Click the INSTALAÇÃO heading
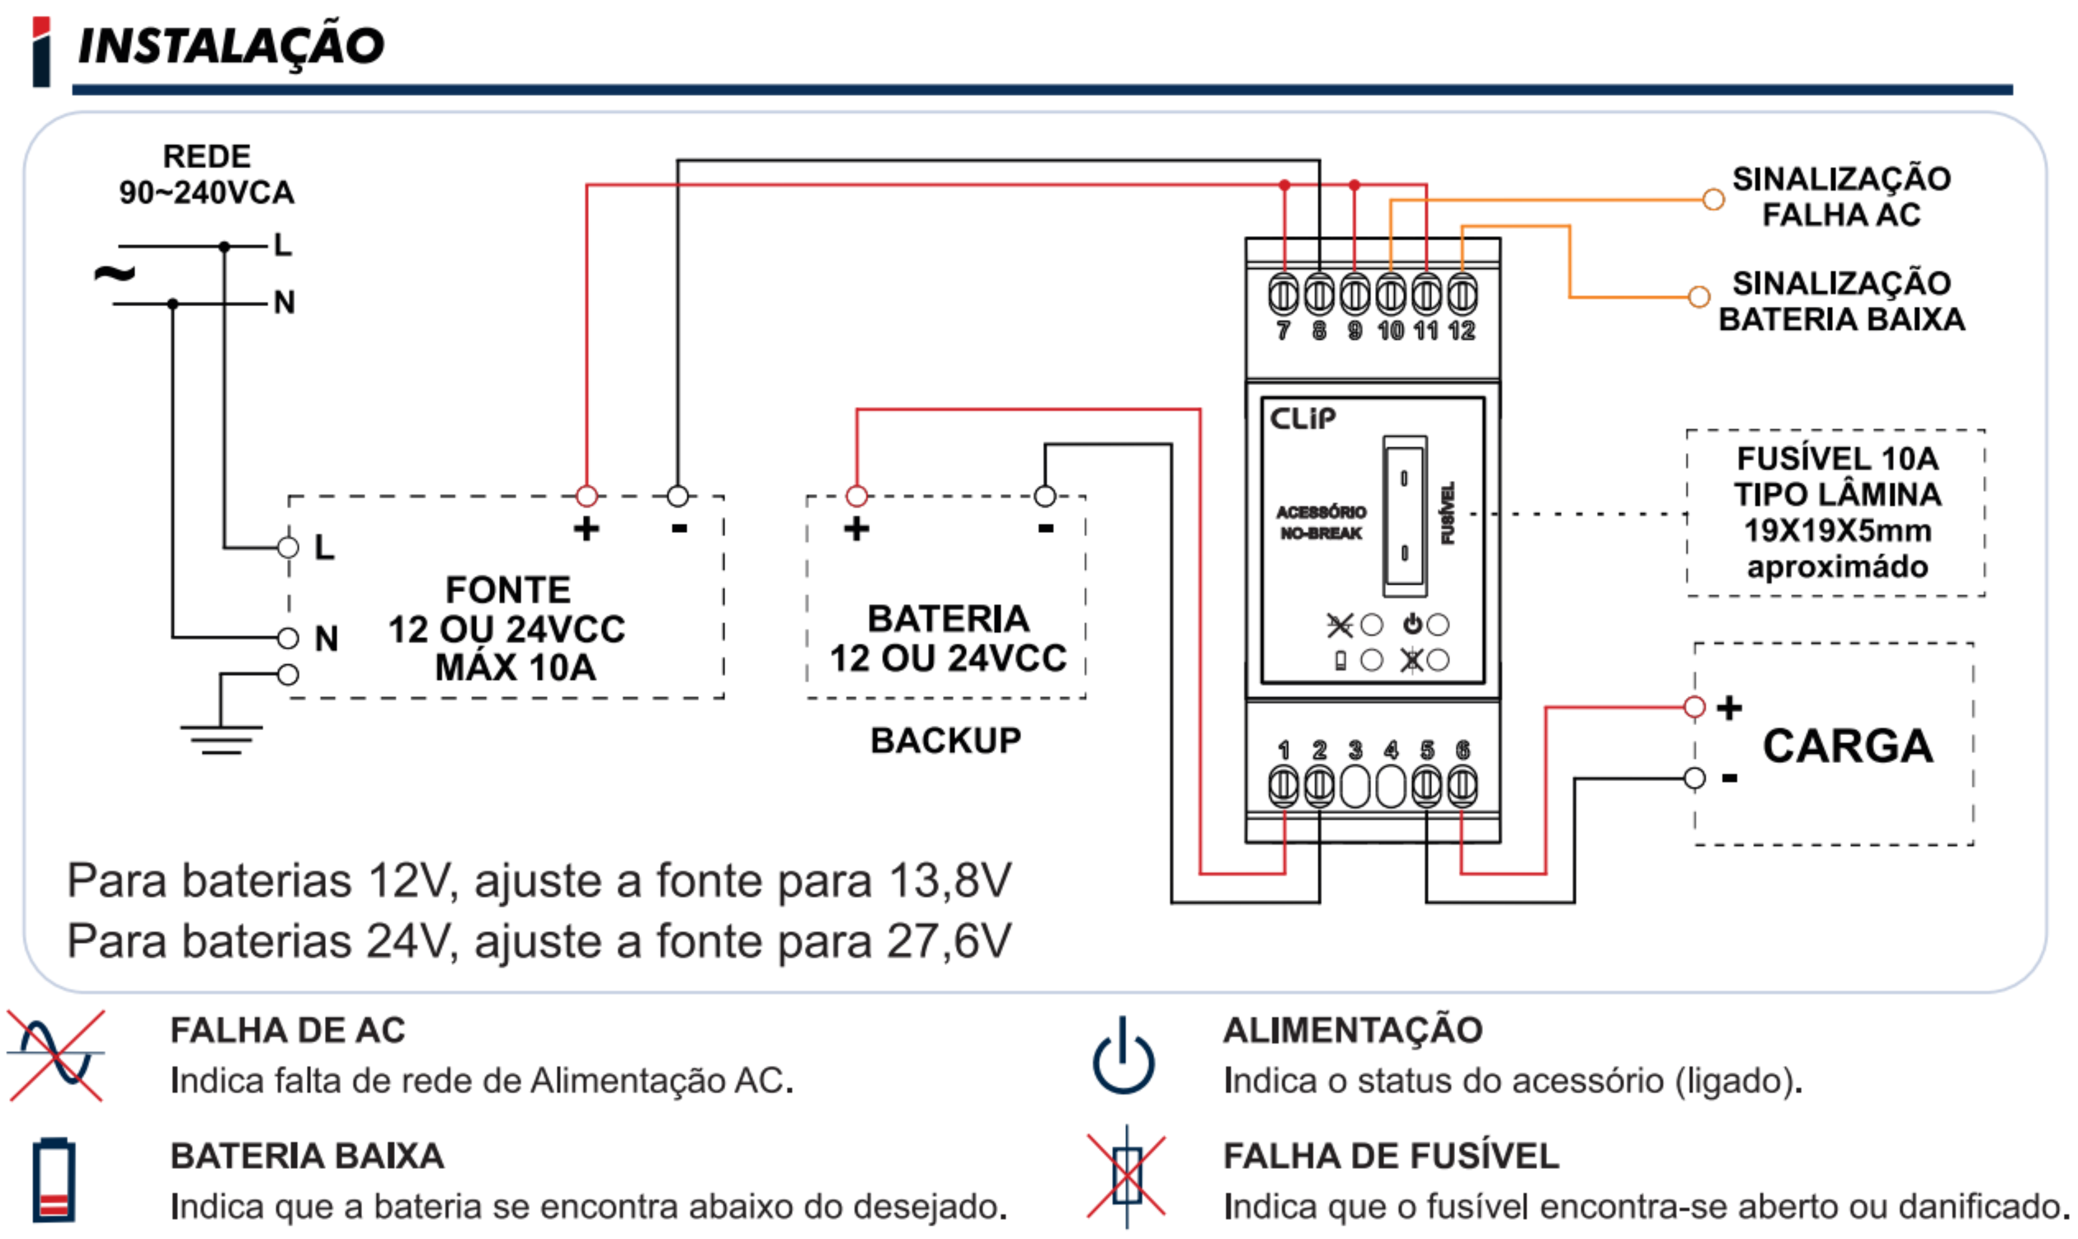pos(231,45)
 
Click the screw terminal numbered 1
pos(1283,786)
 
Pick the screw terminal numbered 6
pos(1461,786)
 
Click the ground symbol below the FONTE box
pos(221,738)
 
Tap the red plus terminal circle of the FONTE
pos(587,496)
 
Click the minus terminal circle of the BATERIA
pos(1045,496)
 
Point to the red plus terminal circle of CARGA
pos(1694,707)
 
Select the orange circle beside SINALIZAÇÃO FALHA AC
pos(1713,200)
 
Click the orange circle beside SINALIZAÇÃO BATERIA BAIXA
pos(1699,298)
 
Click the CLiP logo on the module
pos(1302,418)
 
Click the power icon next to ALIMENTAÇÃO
pos(1124,1057)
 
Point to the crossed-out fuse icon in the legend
pos(1126,1176)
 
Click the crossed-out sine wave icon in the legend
pos(55,1056)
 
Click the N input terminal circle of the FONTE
pos(288,638)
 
